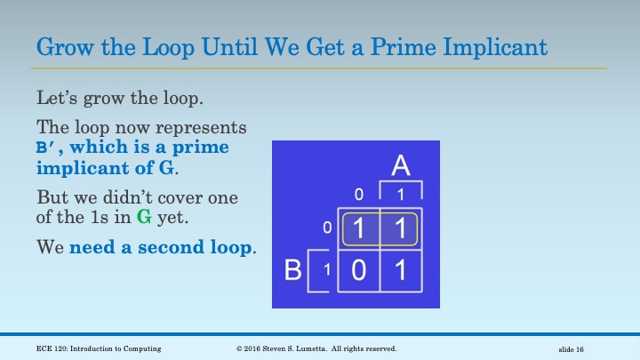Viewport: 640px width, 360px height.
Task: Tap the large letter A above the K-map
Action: coord(401,165)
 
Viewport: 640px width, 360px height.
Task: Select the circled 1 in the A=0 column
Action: coord(359,229)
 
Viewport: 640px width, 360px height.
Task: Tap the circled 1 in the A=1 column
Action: coord(401,229)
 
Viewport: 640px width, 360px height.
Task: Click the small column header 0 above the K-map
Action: coord(359,195)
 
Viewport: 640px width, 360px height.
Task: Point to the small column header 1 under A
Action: coord(401,195)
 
